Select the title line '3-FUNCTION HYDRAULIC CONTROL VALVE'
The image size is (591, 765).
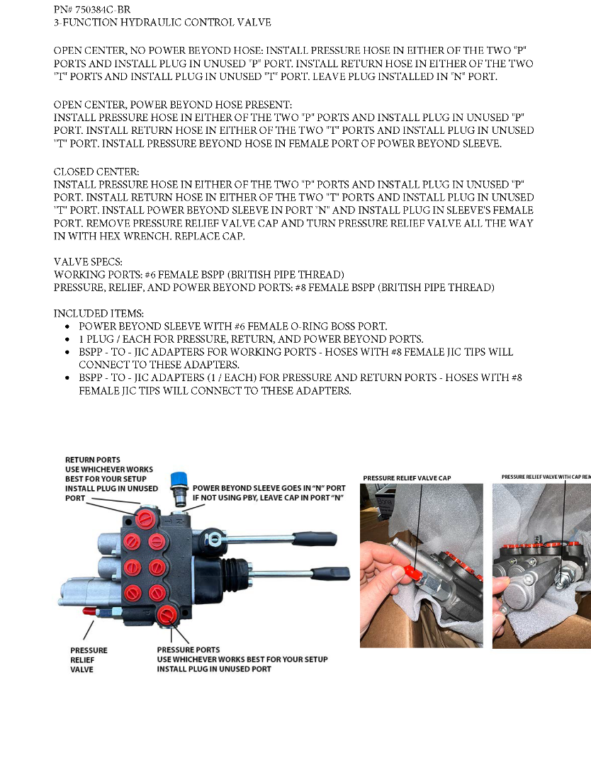pos(162,23)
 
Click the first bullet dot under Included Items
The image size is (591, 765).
pos(67,327)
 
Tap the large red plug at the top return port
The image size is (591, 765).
pos(148,517)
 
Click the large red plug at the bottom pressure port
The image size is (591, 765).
pos(167,613)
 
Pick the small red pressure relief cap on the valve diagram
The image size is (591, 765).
pos(90,611)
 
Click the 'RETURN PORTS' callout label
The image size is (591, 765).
pos(92,460)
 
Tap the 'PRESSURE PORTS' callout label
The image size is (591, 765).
pos(188,650)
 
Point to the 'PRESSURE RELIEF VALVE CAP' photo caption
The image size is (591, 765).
pos(407,478)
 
